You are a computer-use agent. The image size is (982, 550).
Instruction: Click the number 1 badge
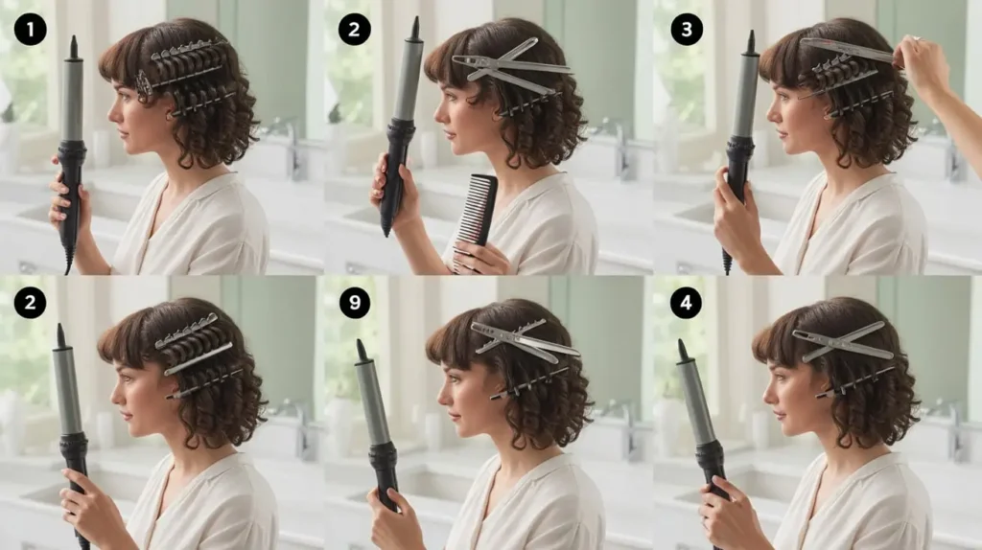(x=30, y=29)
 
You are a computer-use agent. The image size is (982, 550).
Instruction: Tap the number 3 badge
(x=687, y=29)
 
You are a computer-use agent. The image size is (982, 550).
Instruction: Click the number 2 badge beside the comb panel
(x=355, y=29)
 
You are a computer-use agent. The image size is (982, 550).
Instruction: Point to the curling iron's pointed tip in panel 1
(x=73, y=38)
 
